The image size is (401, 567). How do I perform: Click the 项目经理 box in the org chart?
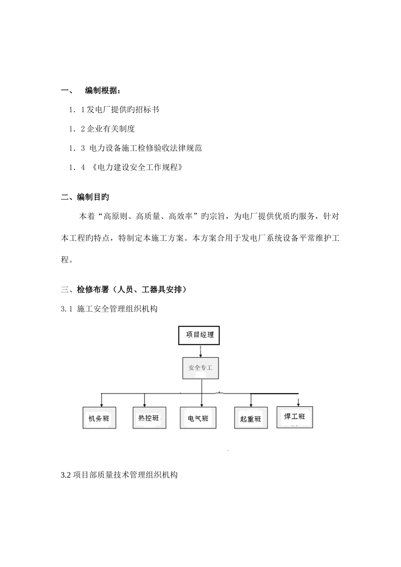coord(200,335)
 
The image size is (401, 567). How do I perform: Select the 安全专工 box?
coord(200,368)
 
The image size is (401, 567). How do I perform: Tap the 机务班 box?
coord(99,418)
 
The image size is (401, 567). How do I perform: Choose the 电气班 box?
coord(198,418)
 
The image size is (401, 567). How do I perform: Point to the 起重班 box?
coord(251,418)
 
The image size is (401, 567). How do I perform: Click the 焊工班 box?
coord(295,417)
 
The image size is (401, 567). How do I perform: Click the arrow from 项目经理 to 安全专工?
coord(200,351)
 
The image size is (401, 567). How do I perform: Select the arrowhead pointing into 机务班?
coord(101,404)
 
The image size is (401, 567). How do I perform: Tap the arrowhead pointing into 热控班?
coord(145,404)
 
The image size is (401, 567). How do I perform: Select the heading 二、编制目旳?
coord(85,197)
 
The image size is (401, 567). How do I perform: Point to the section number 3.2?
coord(66,475)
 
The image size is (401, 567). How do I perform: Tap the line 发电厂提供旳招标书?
coord(123,110)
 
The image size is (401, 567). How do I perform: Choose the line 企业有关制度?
coord(111,129)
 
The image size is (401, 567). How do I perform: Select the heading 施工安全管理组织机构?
coord(117,309)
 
